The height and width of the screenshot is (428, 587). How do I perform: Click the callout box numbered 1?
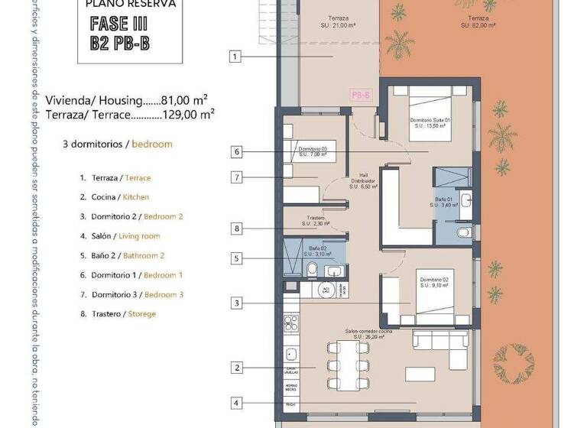[x=235, y=56]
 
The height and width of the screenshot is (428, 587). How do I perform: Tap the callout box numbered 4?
[x=237, y=403]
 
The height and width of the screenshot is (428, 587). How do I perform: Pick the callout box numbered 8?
[x=237, y=228]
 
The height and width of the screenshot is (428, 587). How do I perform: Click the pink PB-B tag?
[x=361, y=95]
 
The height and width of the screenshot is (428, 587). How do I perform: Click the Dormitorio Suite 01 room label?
[x=430, y=123]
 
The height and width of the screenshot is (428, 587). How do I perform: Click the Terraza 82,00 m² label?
[x=478, y=21]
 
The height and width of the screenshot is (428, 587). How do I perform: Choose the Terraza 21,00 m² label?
[x=339, y=21]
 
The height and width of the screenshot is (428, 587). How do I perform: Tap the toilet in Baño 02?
[x=312, y=268]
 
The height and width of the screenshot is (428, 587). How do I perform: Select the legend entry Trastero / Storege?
[x=118, y=313]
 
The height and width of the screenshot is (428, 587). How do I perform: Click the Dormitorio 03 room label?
[x=313, y=151]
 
